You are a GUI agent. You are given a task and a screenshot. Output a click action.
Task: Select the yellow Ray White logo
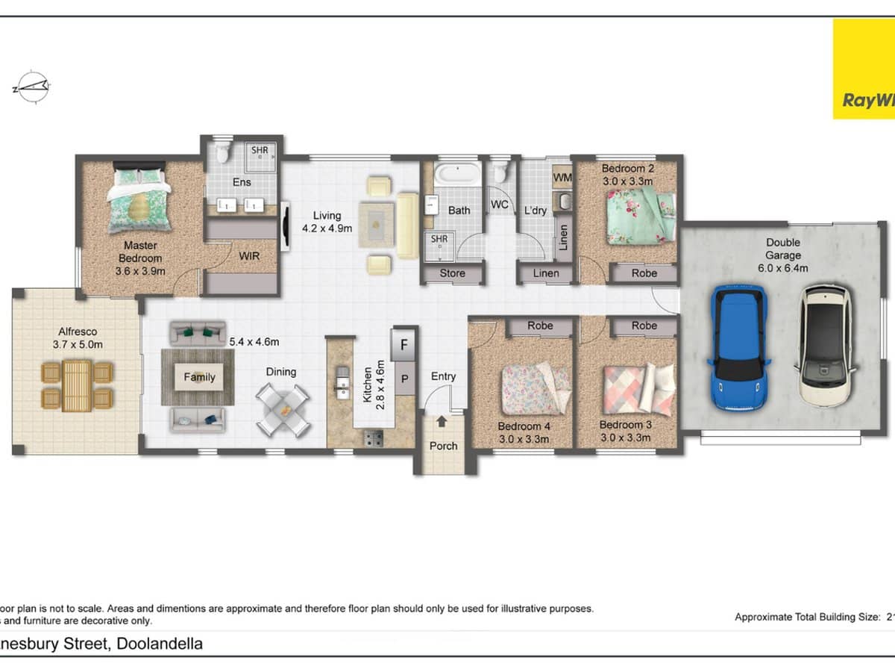(x=864, y=69)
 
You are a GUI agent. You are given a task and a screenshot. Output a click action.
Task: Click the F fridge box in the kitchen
(x=404, y=345)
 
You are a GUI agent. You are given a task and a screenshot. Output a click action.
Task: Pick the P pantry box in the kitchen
(x=404, y=379)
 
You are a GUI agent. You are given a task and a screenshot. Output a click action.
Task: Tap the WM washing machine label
(x=562, y=177)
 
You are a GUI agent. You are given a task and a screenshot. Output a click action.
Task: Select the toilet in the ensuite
(x=222, y=153)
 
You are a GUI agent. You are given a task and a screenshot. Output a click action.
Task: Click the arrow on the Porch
(x=442, y=422)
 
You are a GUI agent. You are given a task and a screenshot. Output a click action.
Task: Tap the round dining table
(x=283, y=408)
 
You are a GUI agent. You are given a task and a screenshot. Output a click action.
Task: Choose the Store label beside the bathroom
(x=452, y=273)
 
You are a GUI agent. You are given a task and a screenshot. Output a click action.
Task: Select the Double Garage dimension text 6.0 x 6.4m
(x=782, y=268)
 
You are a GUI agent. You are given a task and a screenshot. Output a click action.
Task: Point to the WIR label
(x=249, y=256)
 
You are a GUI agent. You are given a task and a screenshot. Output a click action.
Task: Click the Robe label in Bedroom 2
(x=644, y=273)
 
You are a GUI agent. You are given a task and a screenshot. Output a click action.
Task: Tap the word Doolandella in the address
(x=160, y=644)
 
